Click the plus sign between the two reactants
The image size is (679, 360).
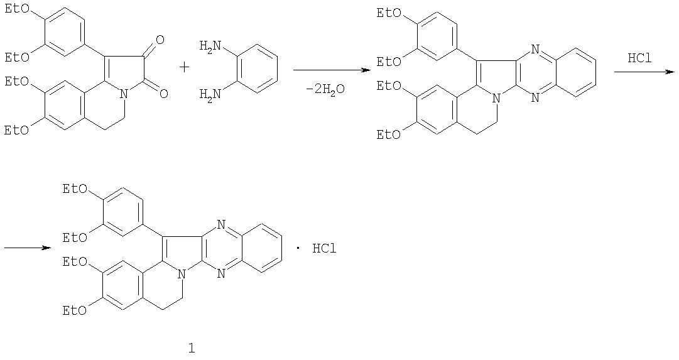[x=184, y=68]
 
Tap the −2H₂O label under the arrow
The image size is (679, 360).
[x=325, y=90]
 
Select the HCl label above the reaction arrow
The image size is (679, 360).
[x=639, y=58]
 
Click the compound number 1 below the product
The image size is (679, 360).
[x=192, y=348]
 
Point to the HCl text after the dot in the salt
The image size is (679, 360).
[x=324, y=249]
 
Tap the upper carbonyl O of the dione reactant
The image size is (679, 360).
[x=160, y=41]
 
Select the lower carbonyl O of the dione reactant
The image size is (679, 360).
[x=163, y=93]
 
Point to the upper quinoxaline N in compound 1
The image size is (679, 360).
[x=221, y=225]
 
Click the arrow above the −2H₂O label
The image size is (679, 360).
[x=332, y=70]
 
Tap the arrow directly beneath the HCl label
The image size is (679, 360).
[x=644, y=72]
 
